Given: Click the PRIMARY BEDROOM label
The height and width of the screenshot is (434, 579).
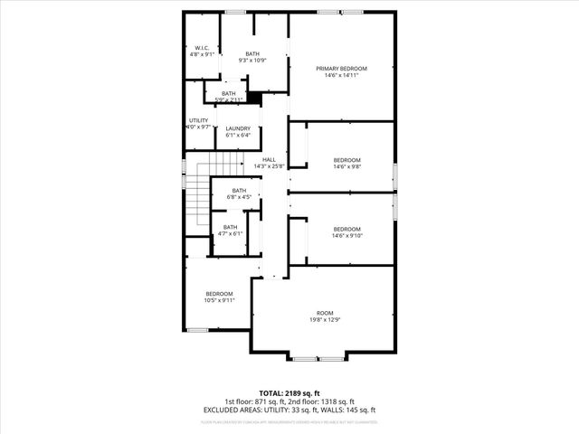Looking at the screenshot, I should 341,69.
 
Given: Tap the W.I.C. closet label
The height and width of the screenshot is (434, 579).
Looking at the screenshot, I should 201,48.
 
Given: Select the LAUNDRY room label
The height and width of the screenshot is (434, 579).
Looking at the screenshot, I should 238,128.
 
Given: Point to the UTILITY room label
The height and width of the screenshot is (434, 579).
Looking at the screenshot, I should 198,120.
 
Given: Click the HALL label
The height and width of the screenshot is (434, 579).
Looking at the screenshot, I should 270,159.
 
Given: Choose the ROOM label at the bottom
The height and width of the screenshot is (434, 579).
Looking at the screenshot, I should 324,312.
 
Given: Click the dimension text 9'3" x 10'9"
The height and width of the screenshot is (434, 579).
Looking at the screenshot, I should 252,60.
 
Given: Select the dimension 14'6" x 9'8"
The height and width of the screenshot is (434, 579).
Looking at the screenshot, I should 347,166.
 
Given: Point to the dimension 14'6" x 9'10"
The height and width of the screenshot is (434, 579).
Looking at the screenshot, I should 347,235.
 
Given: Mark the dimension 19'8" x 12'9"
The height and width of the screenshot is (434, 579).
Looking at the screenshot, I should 324,319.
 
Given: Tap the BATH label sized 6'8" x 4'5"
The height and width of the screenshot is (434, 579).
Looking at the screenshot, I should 239,190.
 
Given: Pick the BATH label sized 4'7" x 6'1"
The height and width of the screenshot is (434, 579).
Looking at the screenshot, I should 231,227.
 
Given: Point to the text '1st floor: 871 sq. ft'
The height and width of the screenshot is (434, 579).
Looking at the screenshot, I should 256,402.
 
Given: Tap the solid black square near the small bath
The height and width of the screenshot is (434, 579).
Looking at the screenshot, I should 254,98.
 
